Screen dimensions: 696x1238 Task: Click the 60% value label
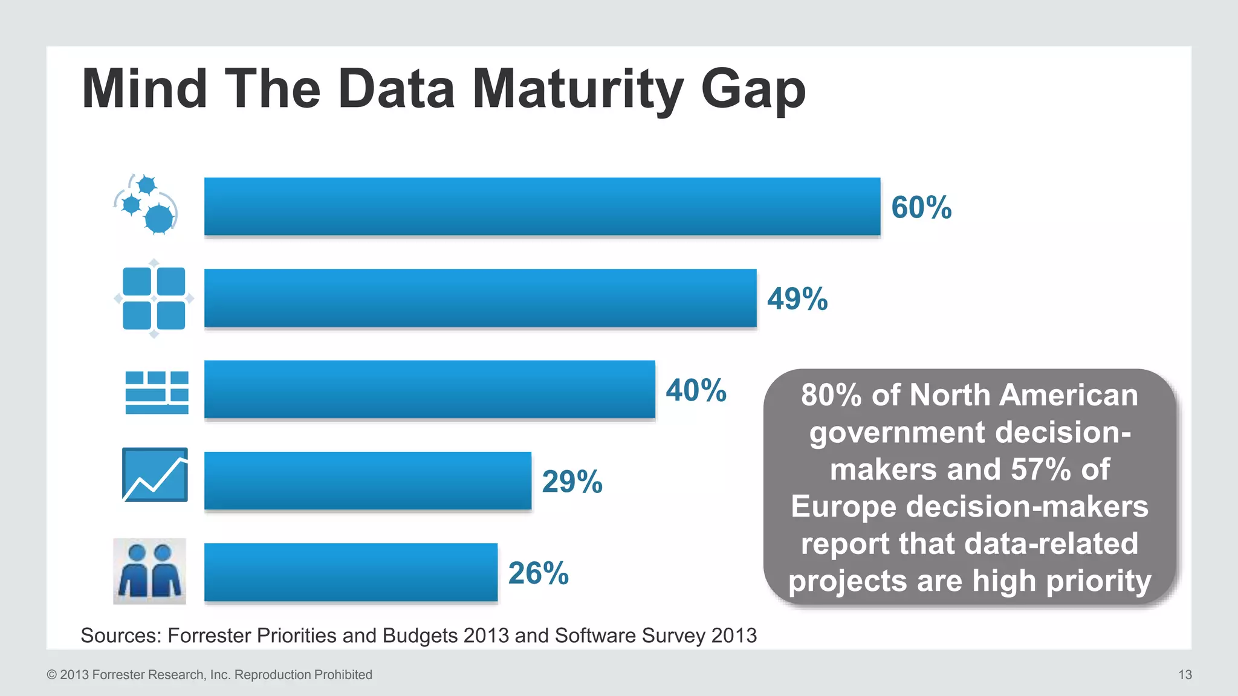(921, 207)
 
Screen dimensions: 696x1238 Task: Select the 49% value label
(797, 298)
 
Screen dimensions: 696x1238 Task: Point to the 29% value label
(572, 482)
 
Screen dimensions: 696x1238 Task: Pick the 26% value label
(538, 573)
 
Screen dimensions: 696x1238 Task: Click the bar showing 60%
(542, 207)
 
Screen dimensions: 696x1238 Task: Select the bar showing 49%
(480, 298)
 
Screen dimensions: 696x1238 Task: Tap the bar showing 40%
(429, 390)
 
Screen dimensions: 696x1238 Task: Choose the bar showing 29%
(368, 481)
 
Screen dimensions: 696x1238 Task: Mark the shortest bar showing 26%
(351, 572)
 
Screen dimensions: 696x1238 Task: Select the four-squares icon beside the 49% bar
(154, 298)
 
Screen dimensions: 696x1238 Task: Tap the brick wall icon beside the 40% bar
(157, 392)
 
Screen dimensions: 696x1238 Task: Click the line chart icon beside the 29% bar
(155, 475)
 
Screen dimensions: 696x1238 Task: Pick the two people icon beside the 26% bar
(149, 571)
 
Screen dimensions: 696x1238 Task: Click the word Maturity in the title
(577, 89)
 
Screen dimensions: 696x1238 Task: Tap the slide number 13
(1185, 675)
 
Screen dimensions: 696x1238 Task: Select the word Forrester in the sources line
(209, 636)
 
